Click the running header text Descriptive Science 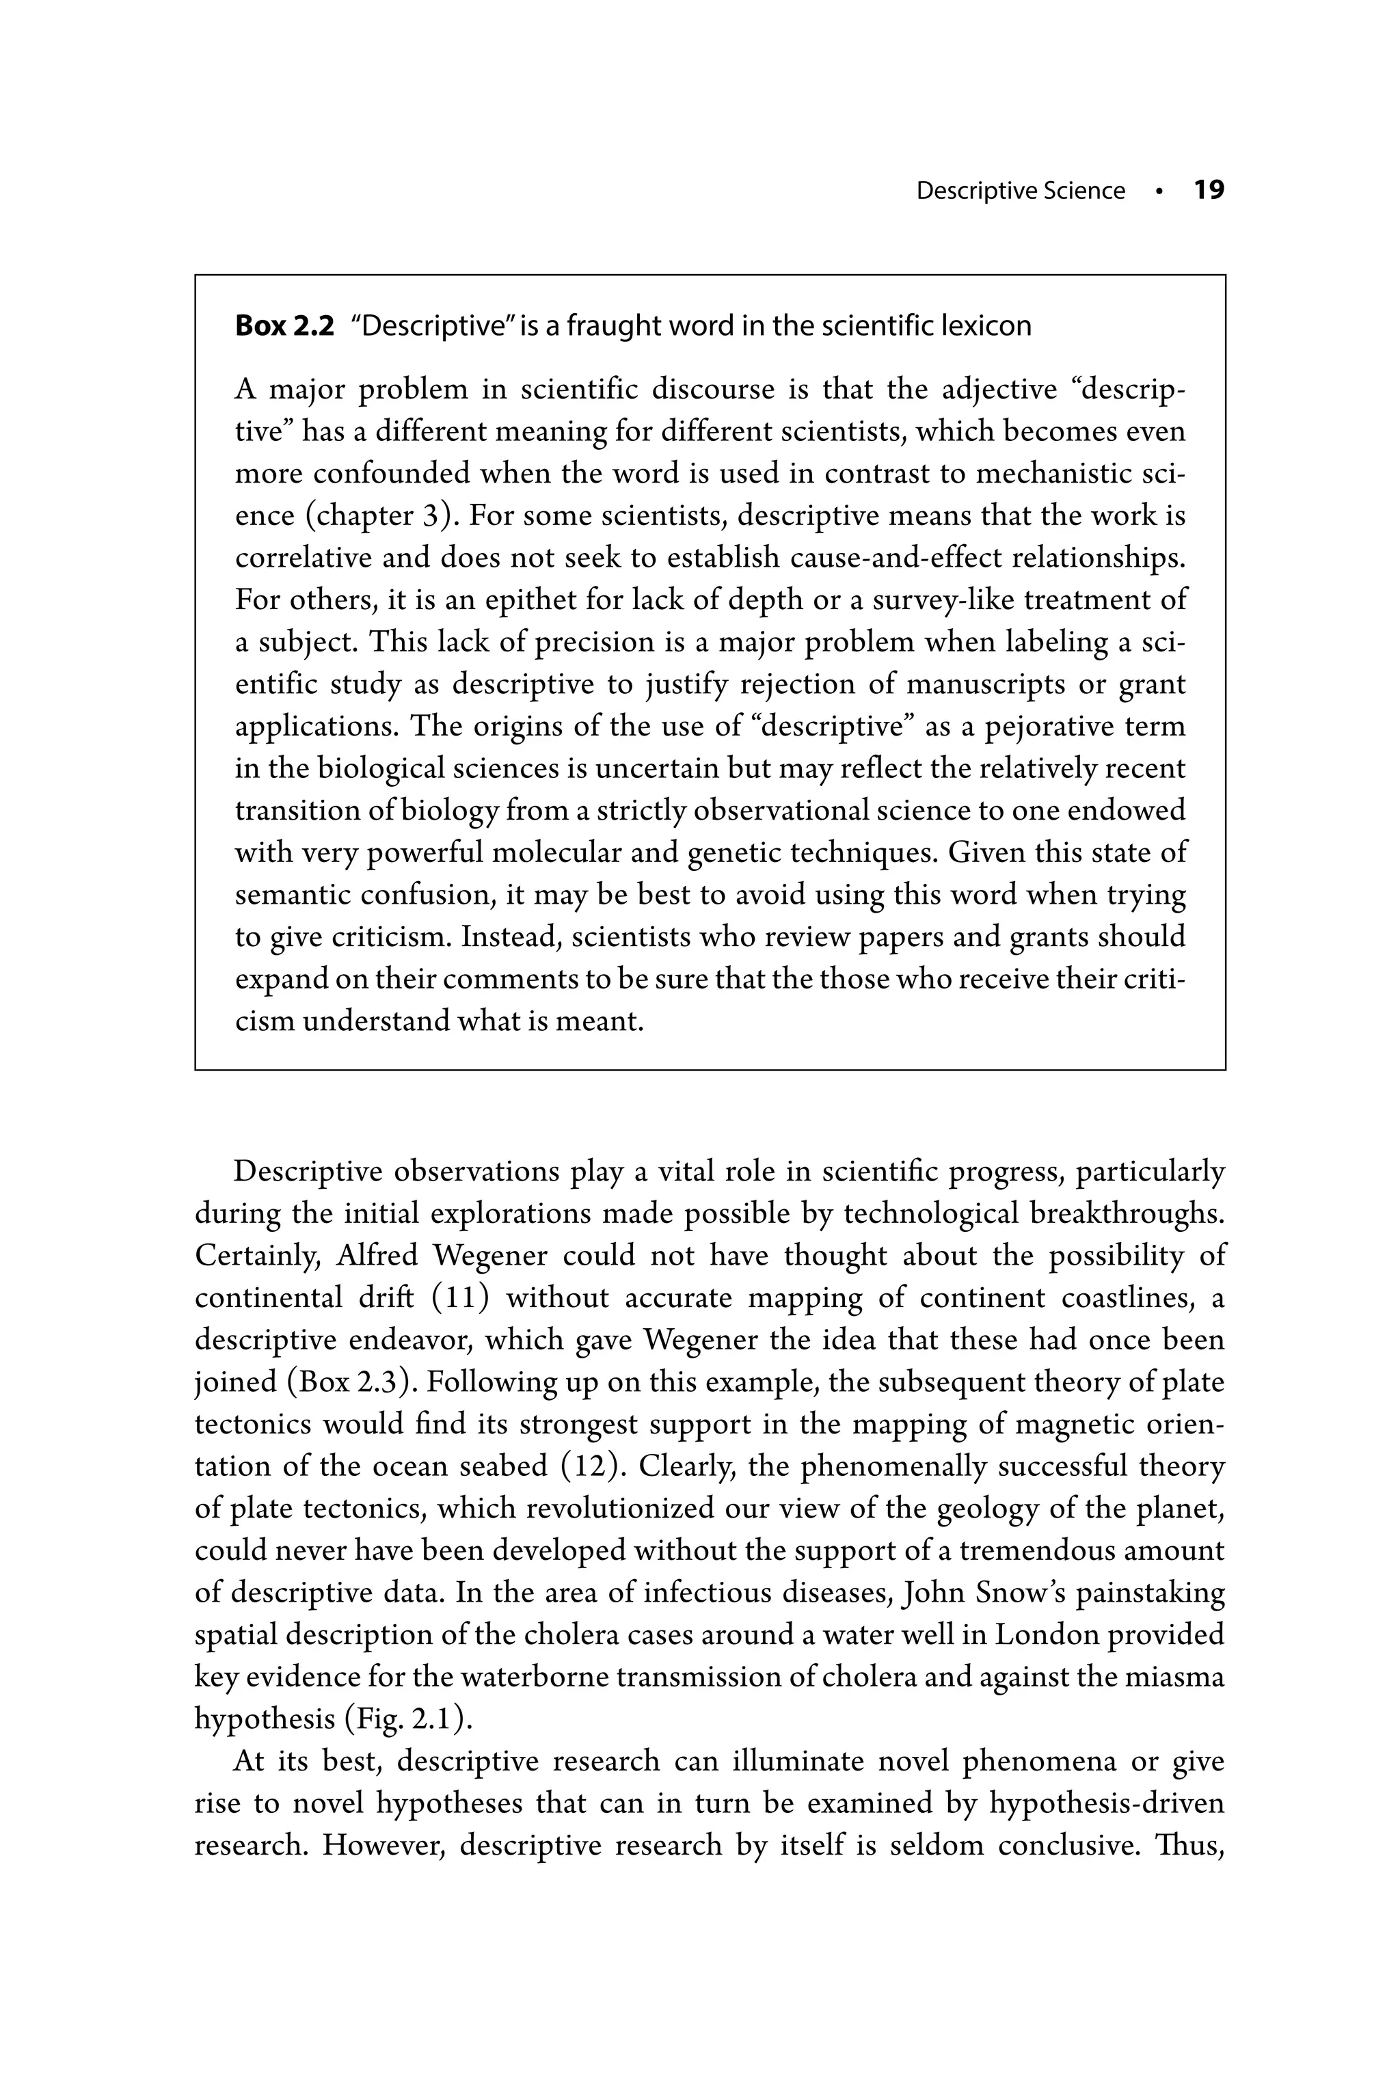pos(1020,191)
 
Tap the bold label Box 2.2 pos(284,326)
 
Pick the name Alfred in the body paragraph pos(377,1255)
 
